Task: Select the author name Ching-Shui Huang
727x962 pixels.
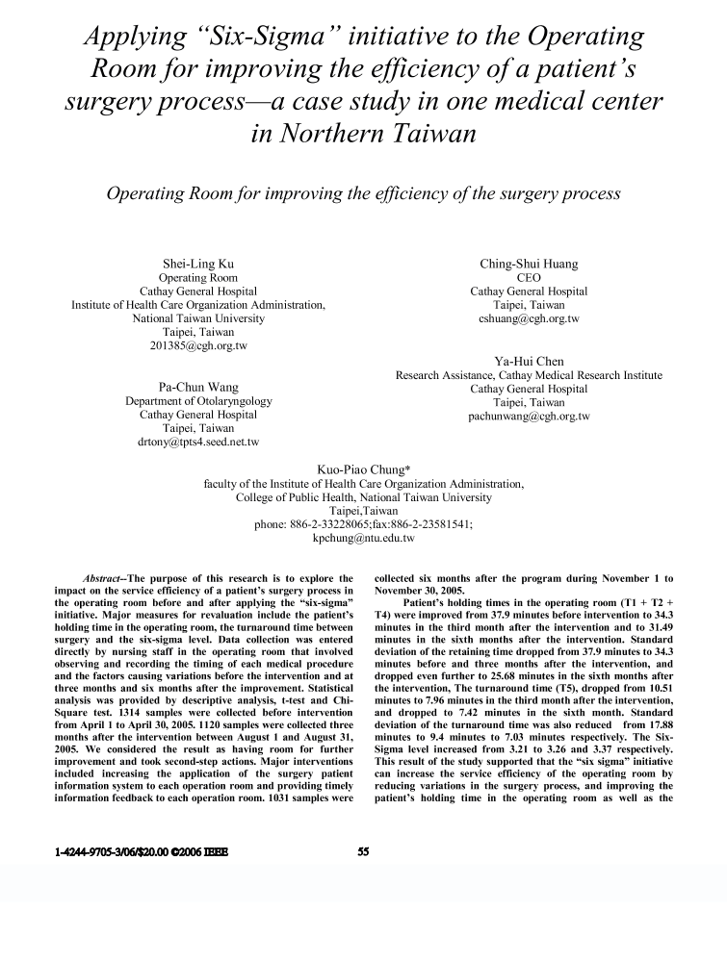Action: point(529,264)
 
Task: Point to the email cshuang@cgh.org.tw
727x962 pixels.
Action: point(529,317)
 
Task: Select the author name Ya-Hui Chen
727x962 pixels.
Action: point(529,361)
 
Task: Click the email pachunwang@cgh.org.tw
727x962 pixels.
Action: point(529,417)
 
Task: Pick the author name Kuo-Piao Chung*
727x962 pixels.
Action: point(363,469)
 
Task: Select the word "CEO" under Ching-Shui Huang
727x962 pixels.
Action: point(529,277)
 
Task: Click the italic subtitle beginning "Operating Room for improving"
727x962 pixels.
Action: point(363,193)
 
